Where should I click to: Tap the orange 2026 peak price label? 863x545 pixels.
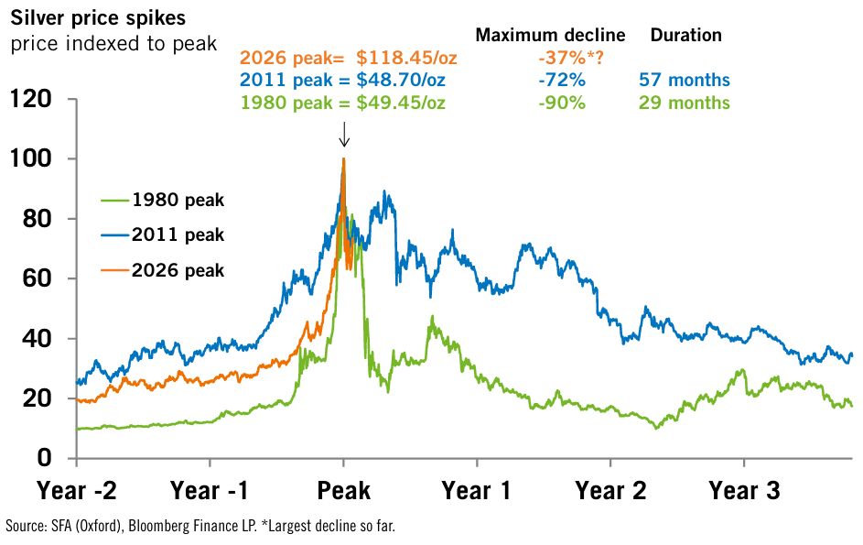tap(348, 59)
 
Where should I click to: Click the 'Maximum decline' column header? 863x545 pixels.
tap(550, 36)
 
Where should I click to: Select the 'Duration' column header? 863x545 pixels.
tap(685, 36)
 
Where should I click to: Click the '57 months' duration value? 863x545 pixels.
tap(685, 81)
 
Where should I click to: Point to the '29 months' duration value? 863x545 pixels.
tap(685, 103)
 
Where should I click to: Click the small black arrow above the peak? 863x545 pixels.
tap(344, 136)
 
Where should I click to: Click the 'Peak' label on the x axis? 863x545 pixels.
tap(344, 491)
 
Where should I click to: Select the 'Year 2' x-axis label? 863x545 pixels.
tap(610, 491)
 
